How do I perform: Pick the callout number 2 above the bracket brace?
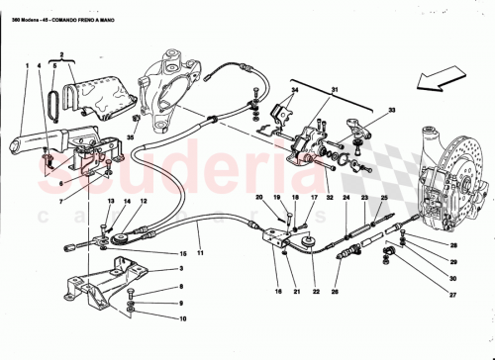61,55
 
